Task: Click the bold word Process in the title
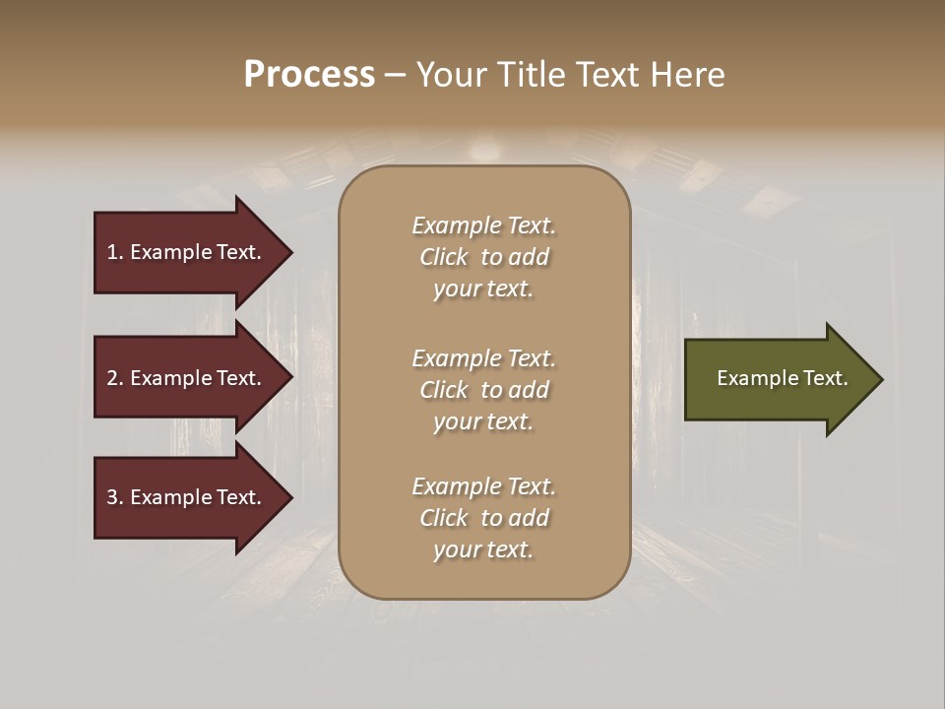point(309,75)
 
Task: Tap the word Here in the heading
point(687,75)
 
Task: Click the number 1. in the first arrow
point(115,252)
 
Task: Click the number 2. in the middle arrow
point(115,378)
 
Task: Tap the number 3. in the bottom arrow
point(115,497)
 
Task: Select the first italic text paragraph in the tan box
point(483,257)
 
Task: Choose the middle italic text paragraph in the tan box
point(483,390)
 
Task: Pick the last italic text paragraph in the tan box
point(483,518)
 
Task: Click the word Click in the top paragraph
point(444,257)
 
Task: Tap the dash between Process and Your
point(395,75)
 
